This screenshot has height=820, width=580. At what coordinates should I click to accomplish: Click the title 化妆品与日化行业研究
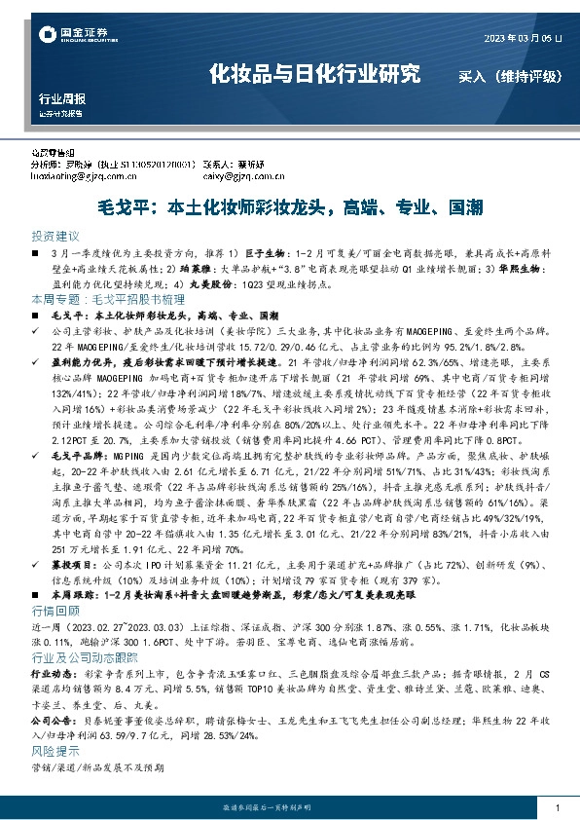316,73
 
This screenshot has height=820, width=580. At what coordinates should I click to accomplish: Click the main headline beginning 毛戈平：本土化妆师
289,206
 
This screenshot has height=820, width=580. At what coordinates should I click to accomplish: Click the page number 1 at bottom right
557,808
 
